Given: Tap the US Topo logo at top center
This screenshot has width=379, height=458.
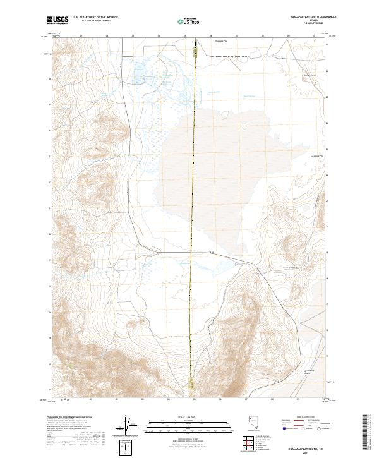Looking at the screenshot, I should [190, 21].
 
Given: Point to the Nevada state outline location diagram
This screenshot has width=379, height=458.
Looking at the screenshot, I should [251, 424].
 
